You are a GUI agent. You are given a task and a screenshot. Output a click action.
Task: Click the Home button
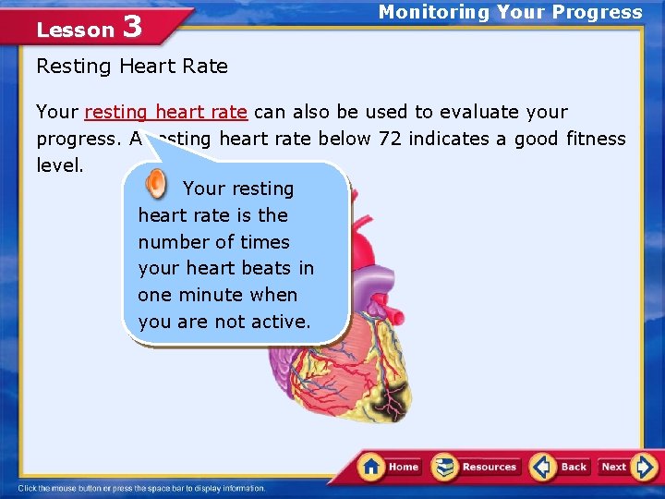click(390, 467)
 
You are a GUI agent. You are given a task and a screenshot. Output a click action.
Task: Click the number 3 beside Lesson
click(132, 27)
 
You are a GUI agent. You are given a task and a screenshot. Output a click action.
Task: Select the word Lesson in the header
click(75, 30)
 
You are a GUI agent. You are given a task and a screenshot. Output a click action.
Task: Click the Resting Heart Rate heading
click(131, 66)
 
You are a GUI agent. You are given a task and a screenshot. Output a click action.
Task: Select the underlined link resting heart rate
click(165, 112)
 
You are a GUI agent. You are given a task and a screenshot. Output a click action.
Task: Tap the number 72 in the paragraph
click(386, 139)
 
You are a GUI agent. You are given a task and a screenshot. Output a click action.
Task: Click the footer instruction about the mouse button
click(141, 488)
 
